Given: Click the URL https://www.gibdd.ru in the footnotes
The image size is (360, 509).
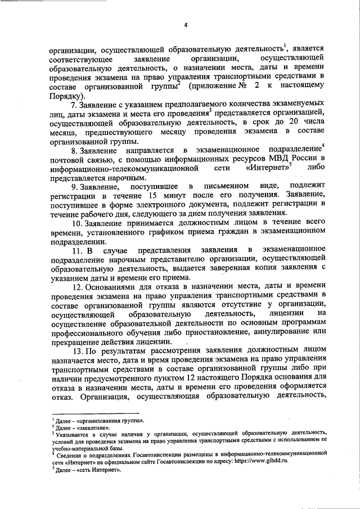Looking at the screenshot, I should point(264,460).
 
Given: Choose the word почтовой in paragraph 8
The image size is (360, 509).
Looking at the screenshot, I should point(67,159).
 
